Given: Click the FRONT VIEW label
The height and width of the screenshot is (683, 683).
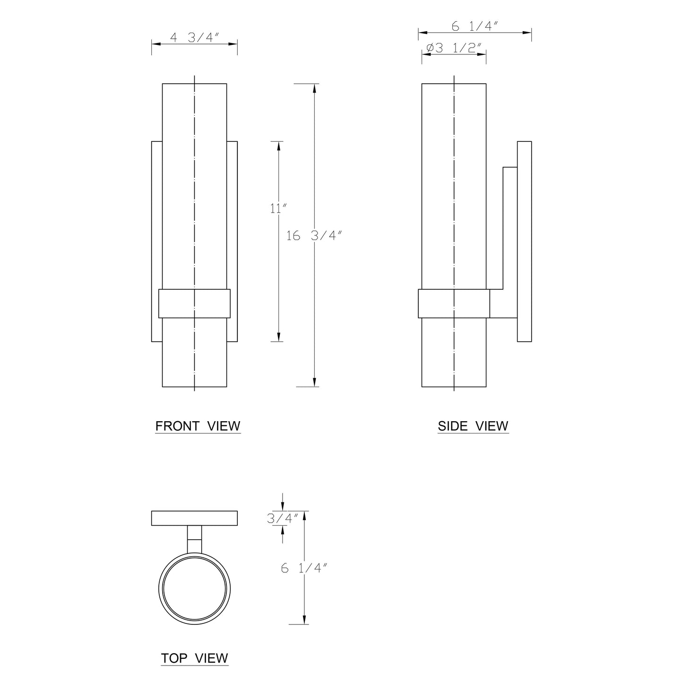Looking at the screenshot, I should point(198,426).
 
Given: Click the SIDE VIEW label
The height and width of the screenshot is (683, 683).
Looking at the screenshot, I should point(473,426).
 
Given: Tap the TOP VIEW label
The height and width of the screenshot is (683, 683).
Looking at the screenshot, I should point(194,658).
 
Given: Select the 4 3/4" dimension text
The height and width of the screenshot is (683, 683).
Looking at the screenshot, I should point(195,38).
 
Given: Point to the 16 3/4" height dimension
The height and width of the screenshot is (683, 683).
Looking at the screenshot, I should point(314,235).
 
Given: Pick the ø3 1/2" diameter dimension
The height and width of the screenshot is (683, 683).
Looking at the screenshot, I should point(454,48).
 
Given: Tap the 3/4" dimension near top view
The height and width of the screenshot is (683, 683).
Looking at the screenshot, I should point(283,519).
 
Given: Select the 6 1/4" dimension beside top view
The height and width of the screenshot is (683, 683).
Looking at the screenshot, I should point(304,568).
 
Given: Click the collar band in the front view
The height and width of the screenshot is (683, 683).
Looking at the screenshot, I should point(194,303).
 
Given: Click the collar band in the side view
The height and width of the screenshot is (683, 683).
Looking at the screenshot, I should point(454,303).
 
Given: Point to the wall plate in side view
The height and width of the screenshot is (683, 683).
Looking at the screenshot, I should point(524,241).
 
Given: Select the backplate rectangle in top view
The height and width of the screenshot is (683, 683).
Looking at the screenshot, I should point(194,518).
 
